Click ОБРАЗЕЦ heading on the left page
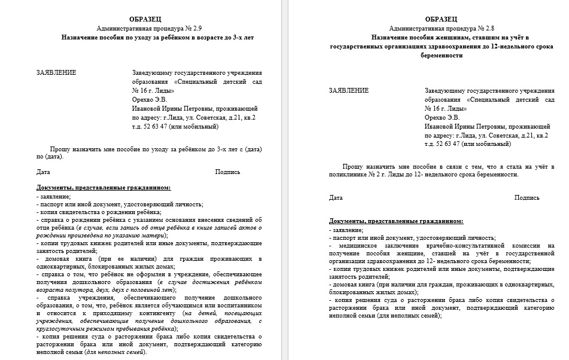[x=145, y=19]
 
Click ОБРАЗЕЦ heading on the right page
[x=442, y=19]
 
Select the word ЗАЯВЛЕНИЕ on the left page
[x=56, y=73]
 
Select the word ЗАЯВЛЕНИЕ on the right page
[x=349, y=90]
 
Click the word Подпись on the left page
[x=227, y=172]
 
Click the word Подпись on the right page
[x=527, y=197]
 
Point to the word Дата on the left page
[x=43, y=172]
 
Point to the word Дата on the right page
[x=336, y=197]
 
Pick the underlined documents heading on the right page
[x=395, y=221]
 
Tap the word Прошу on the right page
[x=354, y=166]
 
